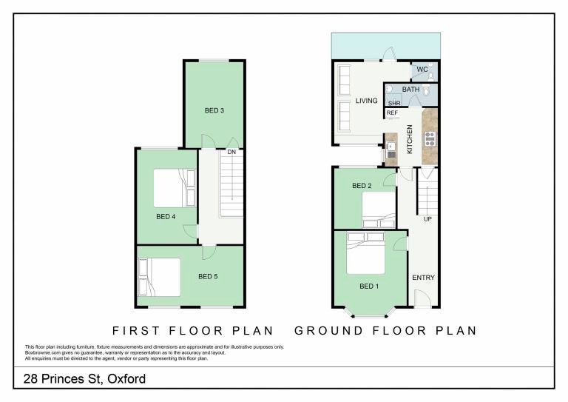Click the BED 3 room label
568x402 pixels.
[214, 110]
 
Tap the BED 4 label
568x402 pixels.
[166, 216]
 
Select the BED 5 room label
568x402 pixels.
[208, 276]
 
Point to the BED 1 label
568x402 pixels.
[369, 286]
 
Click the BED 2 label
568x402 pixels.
[362, 186]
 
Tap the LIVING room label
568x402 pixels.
[366, 101]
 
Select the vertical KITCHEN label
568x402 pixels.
[410, 139]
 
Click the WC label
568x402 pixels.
[422, 69]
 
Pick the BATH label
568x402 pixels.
[410, 89]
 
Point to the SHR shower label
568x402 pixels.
[394, 103]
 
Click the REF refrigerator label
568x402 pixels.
[392, 113]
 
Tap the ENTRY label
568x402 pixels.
[424, 278]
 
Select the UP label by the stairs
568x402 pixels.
[427, 219]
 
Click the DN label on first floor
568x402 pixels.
[231, 152]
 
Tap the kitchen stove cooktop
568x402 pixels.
[430, 139]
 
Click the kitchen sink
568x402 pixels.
[391, 150]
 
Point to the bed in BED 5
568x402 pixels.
[160, 277]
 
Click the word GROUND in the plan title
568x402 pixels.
[328, 331]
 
